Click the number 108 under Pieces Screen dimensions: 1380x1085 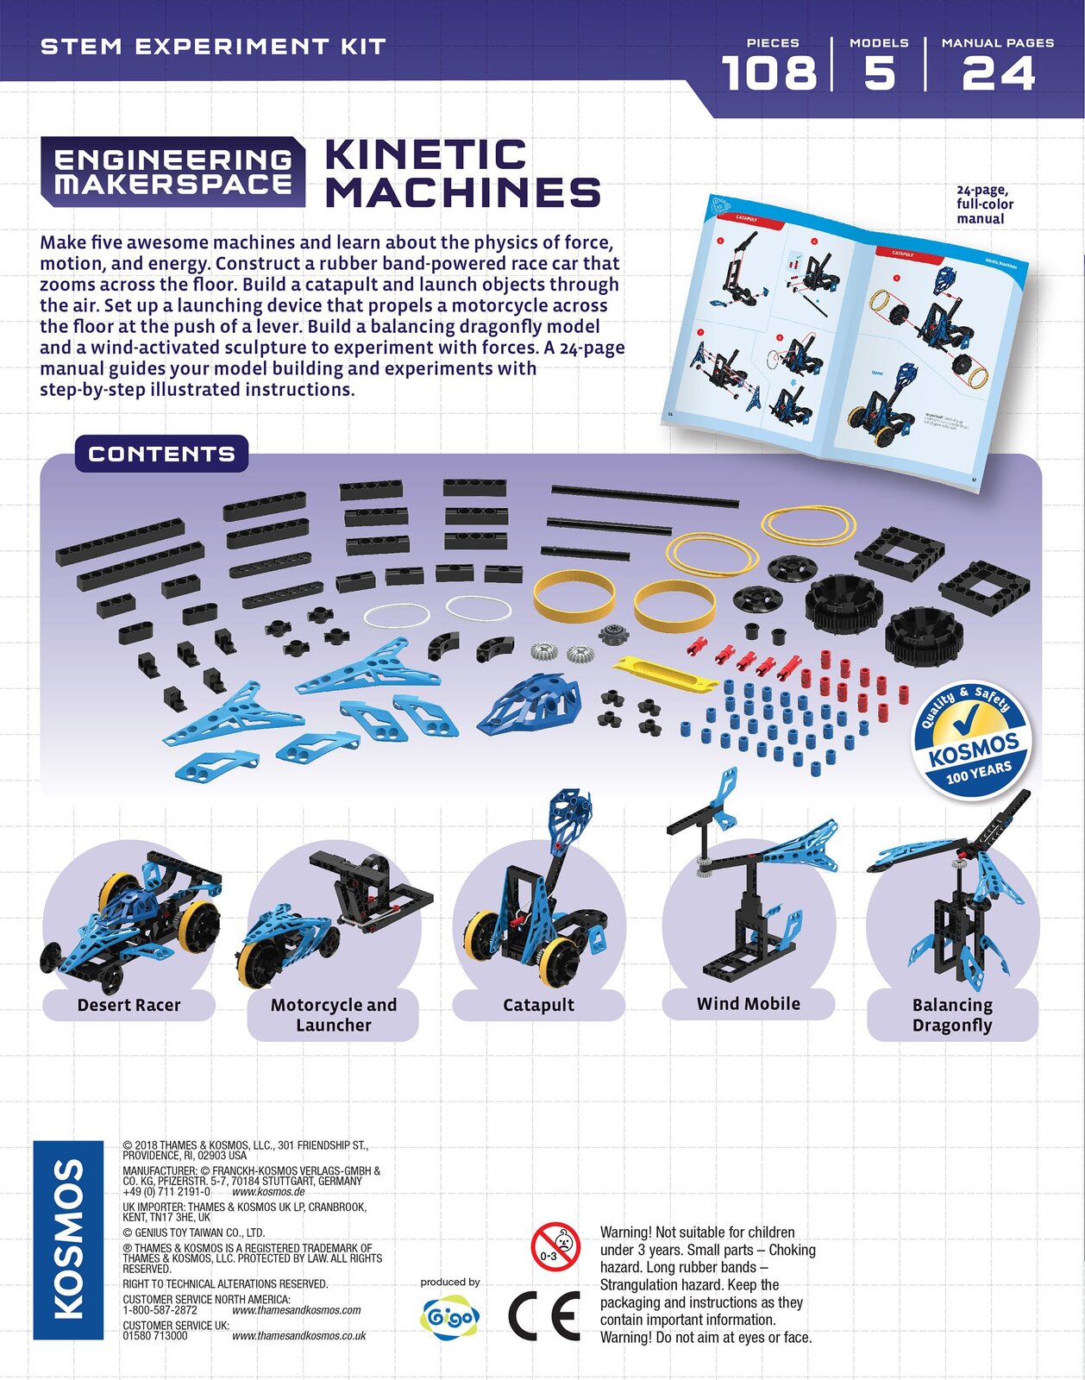[x=768, y=73]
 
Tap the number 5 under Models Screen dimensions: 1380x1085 [x=879, y=73]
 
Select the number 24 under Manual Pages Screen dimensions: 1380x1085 [x=998, y=73]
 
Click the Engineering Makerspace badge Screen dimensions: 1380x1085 [x=172, y=172]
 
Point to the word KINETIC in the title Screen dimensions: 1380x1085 [x=425, y=155]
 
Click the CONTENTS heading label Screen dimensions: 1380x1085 [x=161, y=454]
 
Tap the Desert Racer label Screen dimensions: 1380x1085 [x=129, y=1005]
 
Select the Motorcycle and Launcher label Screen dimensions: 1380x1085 [x=333, y=1015]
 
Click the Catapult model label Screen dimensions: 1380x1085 [x=538, y=1005]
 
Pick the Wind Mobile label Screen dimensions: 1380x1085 [x=748, y=1004]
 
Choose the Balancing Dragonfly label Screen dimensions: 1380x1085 [x=952, y=1015]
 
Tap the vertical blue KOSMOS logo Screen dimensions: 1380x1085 [x=68, y=1239]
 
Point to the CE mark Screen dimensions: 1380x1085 [x=542, y=1315]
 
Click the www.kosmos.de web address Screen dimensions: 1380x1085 [x=268, y=1191]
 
